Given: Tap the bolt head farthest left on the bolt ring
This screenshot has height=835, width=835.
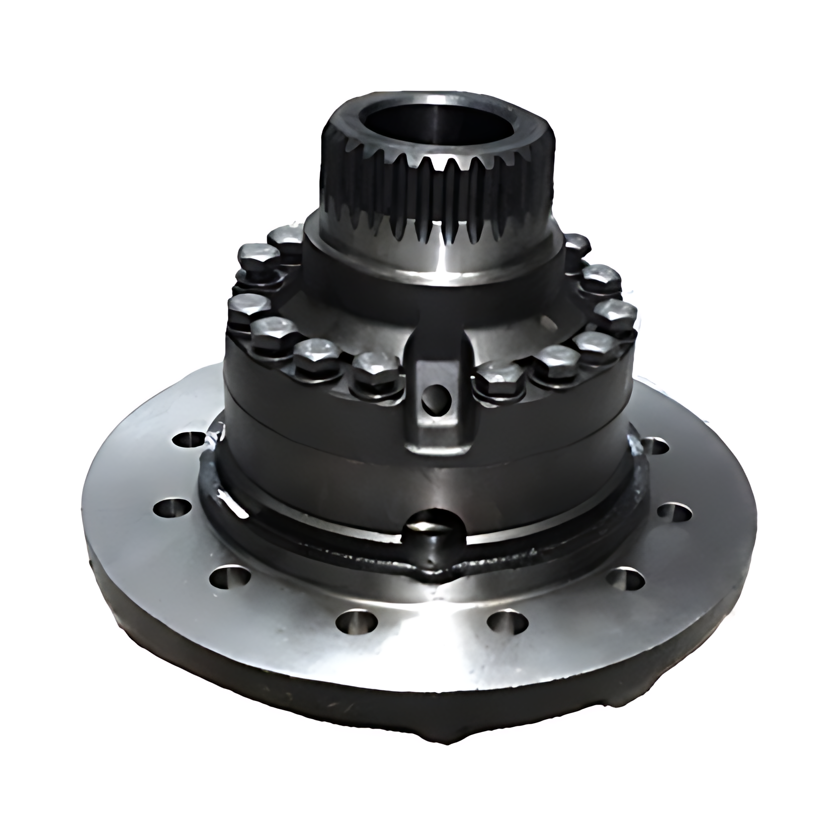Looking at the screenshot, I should point(247,304).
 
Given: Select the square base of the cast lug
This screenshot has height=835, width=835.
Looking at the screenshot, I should point(437,437).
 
